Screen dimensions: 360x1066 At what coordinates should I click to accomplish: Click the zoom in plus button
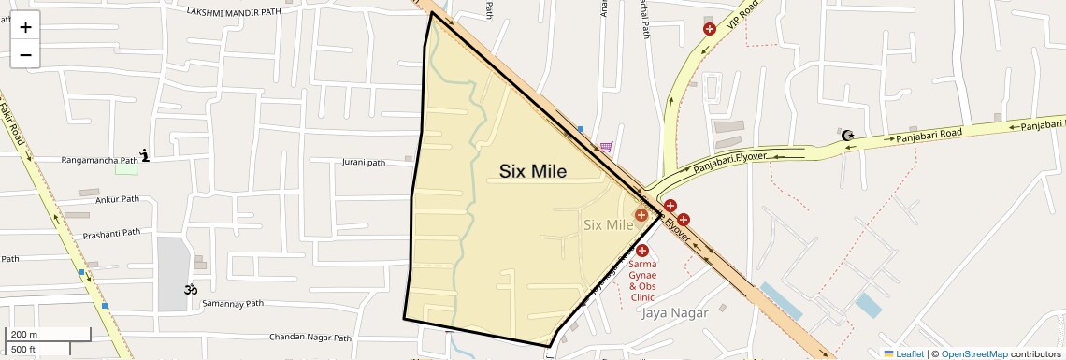[25, 27]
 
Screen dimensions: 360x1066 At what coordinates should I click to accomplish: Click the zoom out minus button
[25, 54]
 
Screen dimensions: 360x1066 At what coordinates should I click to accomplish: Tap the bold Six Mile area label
[532, 171]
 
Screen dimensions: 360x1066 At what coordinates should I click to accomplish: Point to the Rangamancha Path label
[99, 160]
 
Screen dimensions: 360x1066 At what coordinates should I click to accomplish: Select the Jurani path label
[363, 162]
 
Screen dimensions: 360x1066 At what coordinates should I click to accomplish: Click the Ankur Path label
[117, 199]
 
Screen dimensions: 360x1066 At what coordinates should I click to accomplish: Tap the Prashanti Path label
[111, 233]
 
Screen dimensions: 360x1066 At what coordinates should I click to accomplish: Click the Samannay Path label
[233, 304]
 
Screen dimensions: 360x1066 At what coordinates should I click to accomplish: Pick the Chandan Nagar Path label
[310, 338]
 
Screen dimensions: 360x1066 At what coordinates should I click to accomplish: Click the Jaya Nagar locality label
[675, 312]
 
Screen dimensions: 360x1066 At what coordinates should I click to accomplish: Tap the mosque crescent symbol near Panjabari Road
[848, 136]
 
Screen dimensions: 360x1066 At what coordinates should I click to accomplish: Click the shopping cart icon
[606, 147]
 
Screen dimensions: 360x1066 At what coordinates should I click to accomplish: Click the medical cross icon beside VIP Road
[710, 29]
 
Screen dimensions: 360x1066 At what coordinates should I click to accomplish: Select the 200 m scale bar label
[24, 334]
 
